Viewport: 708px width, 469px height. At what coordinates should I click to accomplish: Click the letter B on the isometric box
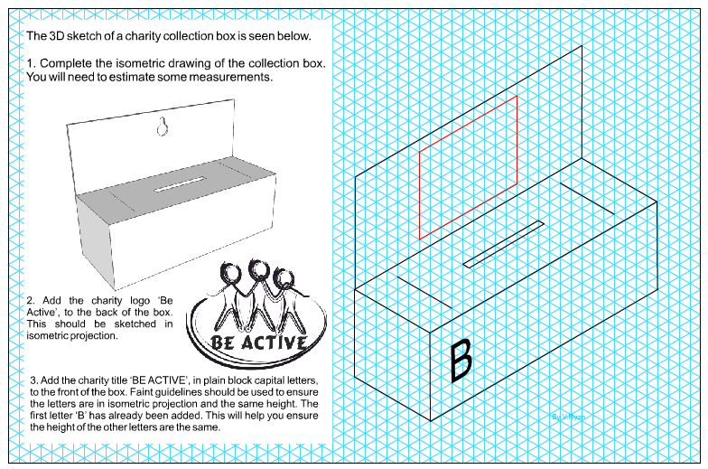pyautogui.click(x=461, y=360)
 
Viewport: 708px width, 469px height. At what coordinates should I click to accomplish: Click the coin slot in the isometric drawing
pyautogui.click(x=504, y=243)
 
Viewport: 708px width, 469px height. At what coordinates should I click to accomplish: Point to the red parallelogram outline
pyautogui.click(x=468, y=166)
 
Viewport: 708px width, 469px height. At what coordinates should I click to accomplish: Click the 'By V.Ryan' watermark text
pyautogui.click(x=567, y=417)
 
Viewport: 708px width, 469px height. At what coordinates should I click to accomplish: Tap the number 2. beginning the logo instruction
pyautogui.click(x=32, y=300)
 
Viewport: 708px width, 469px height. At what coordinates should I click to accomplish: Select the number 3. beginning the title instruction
pyautogui.click(x=34, y=379)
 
